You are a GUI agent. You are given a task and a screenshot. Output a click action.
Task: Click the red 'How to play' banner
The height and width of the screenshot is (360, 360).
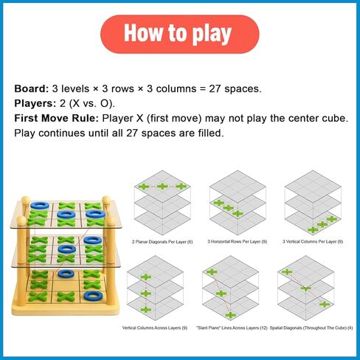(x=180, y=34)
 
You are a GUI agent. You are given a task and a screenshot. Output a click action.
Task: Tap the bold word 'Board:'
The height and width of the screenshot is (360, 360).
(x=32, y=89)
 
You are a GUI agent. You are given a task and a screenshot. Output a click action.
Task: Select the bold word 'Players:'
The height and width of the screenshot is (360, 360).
(x=35, y=103)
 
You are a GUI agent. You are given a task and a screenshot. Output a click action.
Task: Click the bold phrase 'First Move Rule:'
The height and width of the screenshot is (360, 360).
(x=56, y=118)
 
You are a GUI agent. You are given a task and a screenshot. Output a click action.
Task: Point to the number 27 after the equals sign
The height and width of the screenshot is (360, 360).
(x=215, y=89)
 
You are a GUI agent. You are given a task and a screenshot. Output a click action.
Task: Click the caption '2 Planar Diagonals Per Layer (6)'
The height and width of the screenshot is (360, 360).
(x=162, y=242)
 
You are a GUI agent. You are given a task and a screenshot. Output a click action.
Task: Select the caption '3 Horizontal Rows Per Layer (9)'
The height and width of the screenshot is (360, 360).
(x=237, y=241)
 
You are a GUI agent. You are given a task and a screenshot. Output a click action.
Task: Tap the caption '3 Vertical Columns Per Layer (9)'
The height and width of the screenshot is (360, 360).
(x=313, y=241)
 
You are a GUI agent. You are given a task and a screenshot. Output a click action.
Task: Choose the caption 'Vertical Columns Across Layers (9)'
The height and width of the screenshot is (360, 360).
(x=155, y=328)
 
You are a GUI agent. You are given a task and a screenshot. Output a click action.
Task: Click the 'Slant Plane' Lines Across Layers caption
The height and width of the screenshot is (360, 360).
(x=232, y=328)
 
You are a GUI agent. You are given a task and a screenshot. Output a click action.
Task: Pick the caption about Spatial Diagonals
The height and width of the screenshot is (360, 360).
(x=311, y=328)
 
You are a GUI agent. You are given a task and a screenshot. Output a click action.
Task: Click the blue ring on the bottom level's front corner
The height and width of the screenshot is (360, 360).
(x=93, y=297)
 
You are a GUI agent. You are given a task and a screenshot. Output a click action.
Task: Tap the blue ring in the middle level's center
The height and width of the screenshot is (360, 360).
(x=66, y=249)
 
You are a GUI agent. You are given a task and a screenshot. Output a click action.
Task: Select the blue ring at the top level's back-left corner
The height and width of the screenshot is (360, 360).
(x=39, y=206)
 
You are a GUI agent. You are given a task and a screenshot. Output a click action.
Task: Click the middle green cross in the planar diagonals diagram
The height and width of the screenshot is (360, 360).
(x=162, y=187)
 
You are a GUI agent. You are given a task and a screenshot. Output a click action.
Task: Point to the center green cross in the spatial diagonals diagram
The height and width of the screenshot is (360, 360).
(x=305, y=288)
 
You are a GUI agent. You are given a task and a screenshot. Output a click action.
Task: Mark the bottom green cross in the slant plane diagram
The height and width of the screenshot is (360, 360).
(x=230, y=315)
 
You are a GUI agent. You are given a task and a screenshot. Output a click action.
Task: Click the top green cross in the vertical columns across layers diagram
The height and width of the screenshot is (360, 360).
(x=146, y=277)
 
